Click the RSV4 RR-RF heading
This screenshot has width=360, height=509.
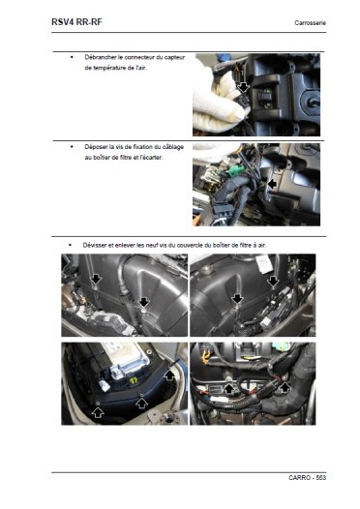click(76, 22)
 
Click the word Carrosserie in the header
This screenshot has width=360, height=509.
click(310, 22)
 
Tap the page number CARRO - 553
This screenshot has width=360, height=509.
click(307, 477)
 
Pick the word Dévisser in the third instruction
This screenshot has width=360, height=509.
click(94, 245)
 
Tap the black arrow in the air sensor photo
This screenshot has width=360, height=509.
click(243, 87)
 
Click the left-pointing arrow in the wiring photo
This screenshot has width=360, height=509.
click(272, 184)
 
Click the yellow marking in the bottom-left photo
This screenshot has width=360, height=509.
click(134, 380)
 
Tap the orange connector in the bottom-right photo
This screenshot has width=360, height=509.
click(204, 355)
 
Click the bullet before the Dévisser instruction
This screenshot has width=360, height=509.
click(70, 245)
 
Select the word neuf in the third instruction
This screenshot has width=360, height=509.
click(152, 245)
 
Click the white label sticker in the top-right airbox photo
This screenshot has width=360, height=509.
click(264, 264)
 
